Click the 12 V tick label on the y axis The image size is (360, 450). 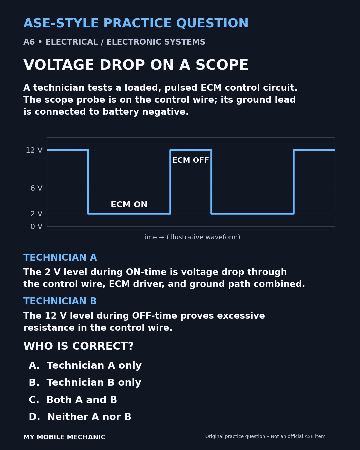[x=34, y=150]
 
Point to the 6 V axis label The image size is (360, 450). [x=36, y=188]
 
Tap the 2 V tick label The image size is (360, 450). [x=36, y=214]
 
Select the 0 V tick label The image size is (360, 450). [x=36, y=226]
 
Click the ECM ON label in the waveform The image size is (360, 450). [x=129, y=205]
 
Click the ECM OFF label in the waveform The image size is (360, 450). [x=191, y=160]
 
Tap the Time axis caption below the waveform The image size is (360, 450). [x=191, y=237]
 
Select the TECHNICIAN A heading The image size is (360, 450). [x=60, y=257]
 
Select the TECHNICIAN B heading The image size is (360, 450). [x=60, y=301]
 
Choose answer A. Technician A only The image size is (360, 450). [x=85, y=366]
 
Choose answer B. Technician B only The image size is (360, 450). [x=85, y=382]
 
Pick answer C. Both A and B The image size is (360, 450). [x=73, y=400]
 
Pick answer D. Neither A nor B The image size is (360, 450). [x=80, y=417]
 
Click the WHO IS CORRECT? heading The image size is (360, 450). [x=78, y=346]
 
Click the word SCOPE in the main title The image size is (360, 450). [x=222, y=65]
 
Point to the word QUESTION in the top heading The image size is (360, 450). [x=212, y=23]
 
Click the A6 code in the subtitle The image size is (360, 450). [x=29, y=42]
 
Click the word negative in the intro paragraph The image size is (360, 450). [x=165, y=112]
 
